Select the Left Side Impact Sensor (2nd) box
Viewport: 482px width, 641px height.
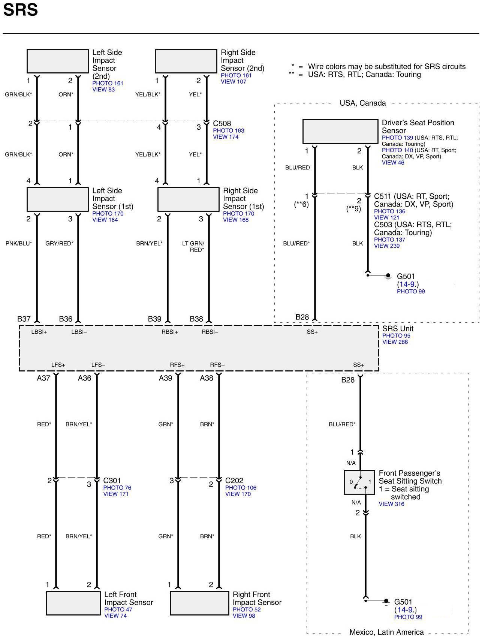pyautogui.click(x=57, y=61)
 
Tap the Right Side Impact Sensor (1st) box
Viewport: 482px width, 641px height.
pyautogui.click(x=188, y=199)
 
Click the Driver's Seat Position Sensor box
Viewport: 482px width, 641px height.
pyautogui.click(x=340, y=131)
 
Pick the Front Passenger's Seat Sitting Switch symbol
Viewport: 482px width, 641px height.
pyautogui.click(x=359, y=482)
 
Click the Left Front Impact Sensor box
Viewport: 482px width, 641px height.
pyautogui.click(x=73, y=603)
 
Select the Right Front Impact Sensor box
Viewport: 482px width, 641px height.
pyautogui.click(x=199, y=603)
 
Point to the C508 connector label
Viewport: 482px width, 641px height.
pyautogui.click(x=222, y=123)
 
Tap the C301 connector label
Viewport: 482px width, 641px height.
pyautogui.click(x=112, y=481)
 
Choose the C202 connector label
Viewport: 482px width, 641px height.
pyautogui.click(x=234, y=481)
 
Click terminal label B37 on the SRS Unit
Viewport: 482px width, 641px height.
pyautogui.click(x=24, y=319)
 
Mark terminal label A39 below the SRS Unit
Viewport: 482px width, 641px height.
pyautogui.click(x=165, y=378)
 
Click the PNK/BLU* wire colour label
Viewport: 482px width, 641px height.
pyautogui.click(x=19, y=243)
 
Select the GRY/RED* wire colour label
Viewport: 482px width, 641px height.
pyautogui.click(x=59, y=243)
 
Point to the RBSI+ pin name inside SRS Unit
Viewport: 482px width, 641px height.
pyautogui.click(x=170, y=332)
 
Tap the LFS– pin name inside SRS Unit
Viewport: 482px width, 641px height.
pyautogui.click(x=98, y=365)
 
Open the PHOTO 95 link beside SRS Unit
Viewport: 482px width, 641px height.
pyautogui.click(x=396, y=335)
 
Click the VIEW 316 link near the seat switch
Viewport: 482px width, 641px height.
pyautogui.click(x=391, y=504)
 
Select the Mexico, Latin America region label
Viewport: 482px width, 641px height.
pyautogui.click(x=386, y=632)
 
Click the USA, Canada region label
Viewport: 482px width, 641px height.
pyautogui.click(x=362, y=103)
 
